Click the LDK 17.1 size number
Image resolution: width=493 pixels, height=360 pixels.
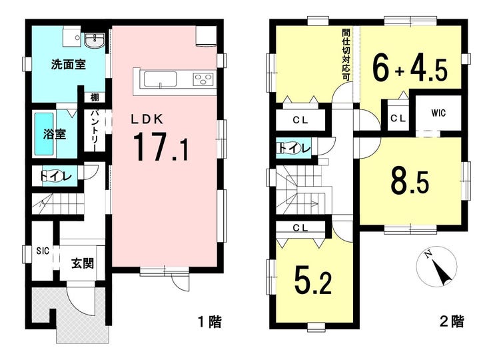[161, 147]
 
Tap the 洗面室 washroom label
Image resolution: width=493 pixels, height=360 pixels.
[69, 65]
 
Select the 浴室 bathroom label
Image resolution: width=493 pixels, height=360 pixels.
[55, 135]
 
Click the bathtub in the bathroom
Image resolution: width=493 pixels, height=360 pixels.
[44, 134]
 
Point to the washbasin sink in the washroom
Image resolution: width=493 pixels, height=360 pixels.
[95, 41]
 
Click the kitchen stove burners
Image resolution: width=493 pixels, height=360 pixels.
[203, 79]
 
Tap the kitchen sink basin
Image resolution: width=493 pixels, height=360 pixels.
[160, 79]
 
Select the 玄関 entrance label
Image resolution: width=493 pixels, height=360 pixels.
[83, 263]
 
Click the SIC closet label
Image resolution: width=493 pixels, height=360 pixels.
[43, 251]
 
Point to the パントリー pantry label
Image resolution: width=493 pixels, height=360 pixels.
[95, 130]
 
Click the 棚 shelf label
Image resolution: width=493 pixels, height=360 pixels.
[95, 97]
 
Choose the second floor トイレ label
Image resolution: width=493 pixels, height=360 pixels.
[294, 148]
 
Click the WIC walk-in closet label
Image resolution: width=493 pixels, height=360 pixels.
[438, 113]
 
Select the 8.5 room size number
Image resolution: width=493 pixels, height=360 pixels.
[410, 181]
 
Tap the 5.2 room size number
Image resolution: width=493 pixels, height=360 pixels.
[313, 279]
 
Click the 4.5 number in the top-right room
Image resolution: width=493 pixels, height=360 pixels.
[428, 70]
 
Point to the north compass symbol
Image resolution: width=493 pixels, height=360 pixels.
[436, 266]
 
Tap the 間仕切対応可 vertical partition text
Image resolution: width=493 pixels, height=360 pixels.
[346, 55]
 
